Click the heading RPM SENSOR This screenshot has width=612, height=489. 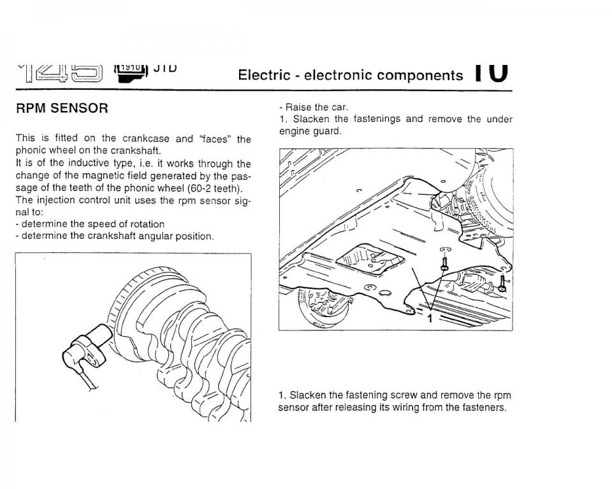62,108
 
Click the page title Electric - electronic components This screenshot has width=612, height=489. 350,75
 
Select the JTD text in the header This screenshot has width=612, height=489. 164,66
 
